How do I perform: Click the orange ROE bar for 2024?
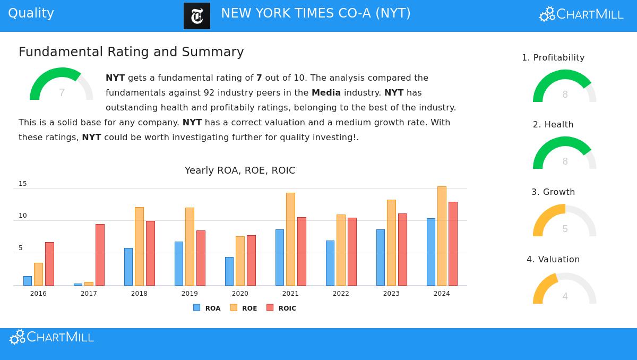442,236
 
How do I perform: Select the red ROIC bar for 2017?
100,255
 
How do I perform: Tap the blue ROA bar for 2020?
229,271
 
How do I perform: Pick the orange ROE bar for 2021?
290,239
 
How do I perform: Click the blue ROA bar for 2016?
28,281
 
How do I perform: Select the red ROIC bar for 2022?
352,252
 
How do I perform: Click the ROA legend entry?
207,308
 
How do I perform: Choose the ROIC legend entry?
281,308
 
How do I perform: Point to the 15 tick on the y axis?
23,184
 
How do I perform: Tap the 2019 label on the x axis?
190,294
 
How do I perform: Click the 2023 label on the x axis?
391,294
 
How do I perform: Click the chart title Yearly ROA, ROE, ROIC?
240,170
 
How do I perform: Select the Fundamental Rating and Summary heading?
131,52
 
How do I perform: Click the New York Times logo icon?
197,16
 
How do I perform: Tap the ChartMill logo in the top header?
581,14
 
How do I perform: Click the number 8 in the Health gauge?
565,161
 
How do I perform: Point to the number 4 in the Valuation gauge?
565,296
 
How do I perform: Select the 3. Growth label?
553,192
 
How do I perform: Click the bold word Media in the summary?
326,92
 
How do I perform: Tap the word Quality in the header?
31,13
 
